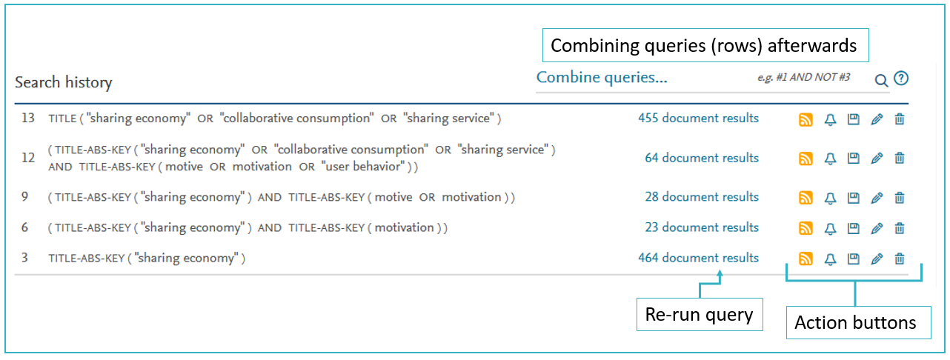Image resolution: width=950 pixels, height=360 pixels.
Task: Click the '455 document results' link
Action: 698,118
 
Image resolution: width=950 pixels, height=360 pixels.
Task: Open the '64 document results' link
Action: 702,158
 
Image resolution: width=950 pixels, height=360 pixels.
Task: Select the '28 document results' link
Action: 702,197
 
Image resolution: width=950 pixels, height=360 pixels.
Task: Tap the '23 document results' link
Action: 702,227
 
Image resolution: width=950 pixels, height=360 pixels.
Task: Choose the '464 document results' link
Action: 698,258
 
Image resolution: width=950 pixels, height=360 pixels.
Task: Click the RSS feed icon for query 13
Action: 805,119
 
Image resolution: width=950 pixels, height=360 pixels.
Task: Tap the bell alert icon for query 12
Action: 830,159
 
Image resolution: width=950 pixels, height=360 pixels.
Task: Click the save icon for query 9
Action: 854,198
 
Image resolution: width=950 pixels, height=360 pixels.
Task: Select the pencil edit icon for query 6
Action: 877,228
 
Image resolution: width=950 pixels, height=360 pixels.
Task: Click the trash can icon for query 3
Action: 900,259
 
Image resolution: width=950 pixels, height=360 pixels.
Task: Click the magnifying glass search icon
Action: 881,80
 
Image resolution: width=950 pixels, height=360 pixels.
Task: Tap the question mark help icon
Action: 901,79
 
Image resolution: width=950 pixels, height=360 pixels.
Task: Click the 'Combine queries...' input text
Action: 602,78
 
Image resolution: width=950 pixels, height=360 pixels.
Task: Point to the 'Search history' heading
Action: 64,82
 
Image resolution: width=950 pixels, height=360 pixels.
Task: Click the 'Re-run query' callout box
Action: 700,314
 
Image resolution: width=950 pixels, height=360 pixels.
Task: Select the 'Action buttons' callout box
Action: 858,322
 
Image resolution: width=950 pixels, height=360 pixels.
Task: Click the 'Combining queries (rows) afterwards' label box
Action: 705,45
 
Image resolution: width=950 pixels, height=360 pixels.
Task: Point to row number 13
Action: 28,118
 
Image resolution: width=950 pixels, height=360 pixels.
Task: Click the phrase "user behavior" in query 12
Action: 362,166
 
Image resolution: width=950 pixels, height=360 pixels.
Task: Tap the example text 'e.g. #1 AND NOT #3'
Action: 804,77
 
